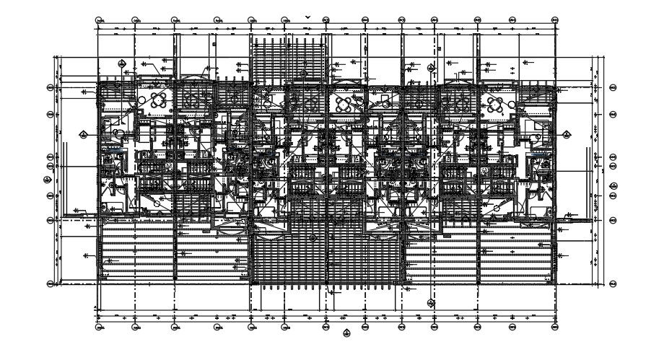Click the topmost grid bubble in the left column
pyautogui.click(x=51, y=87)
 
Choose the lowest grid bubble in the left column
pyautogui.click(x=51, y=284)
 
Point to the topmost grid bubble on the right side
pyautogui.click(x=613, y=87)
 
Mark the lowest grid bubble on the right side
pyautogui.click(x=613, y=284)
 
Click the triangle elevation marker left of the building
pyautogui.click(x=83, y=133)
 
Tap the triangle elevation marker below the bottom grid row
pyautogui.click(x=347, y=333)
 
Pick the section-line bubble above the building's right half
pyautogui.click(x=431, y=68)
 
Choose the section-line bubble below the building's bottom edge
pyautogui.click(x=431, y=303)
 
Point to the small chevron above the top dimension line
pyautogui.click(x=308, y=15)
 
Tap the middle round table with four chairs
pyautogui.click(x=342, y=102)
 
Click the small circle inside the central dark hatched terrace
pyautogui.click(x=313, y=237)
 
